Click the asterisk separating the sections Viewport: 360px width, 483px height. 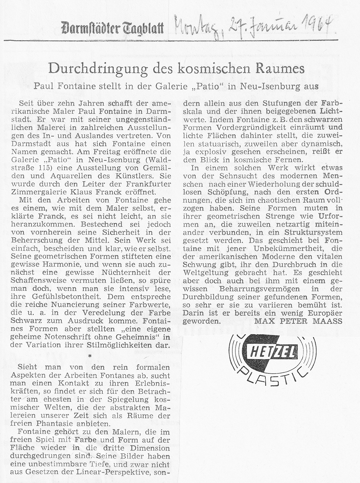(x=90, y=356)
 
